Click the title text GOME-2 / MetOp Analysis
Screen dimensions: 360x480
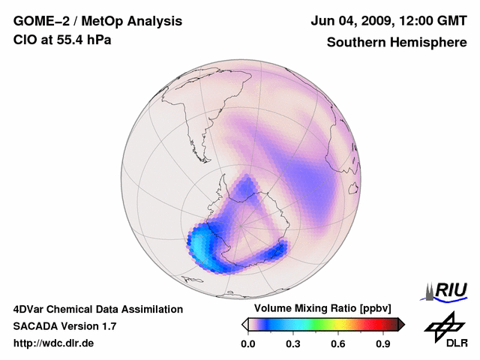[x=97, y=22]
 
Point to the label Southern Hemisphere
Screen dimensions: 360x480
[x=397, y=42]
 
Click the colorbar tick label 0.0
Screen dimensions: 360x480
[x=247, y=344]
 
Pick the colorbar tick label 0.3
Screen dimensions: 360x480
[x=293, y=344]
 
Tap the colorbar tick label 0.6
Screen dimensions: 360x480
[x=338, y=344]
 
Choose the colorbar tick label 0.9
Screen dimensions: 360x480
[x=384, y=344]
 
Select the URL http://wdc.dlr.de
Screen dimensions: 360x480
[x=54, y=343]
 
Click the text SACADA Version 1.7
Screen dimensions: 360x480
[x=64, y=326]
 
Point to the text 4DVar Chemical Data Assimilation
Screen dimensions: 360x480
[x=98, y=308]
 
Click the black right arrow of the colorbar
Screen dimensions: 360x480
[x=401, y=324]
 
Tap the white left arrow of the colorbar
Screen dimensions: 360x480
[x=244, y=324]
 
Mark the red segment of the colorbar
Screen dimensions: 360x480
[x=371, y=324]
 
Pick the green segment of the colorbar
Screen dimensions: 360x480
[x=319, y=324]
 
